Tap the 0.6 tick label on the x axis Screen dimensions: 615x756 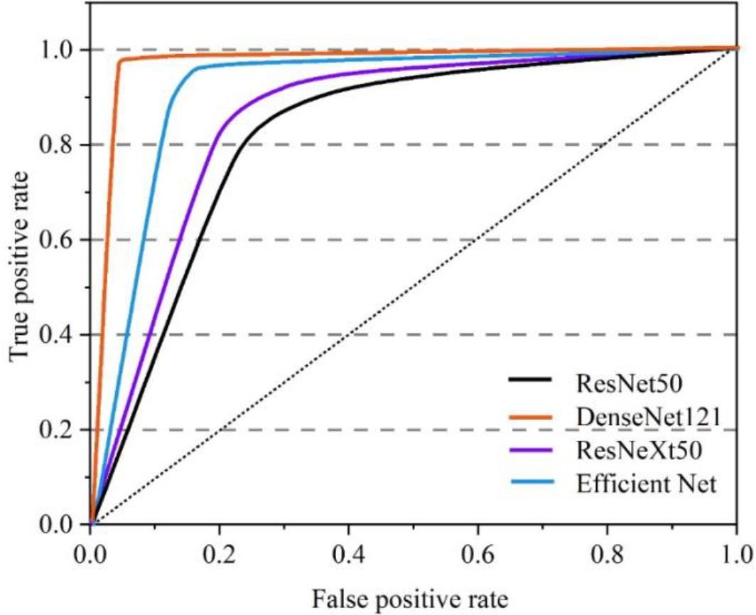click(478, 552)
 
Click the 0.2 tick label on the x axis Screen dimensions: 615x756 click(220, 552)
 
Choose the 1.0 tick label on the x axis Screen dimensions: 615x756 click(736, 552)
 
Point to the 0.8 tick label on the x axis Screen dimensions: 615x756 click(607, 552)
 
